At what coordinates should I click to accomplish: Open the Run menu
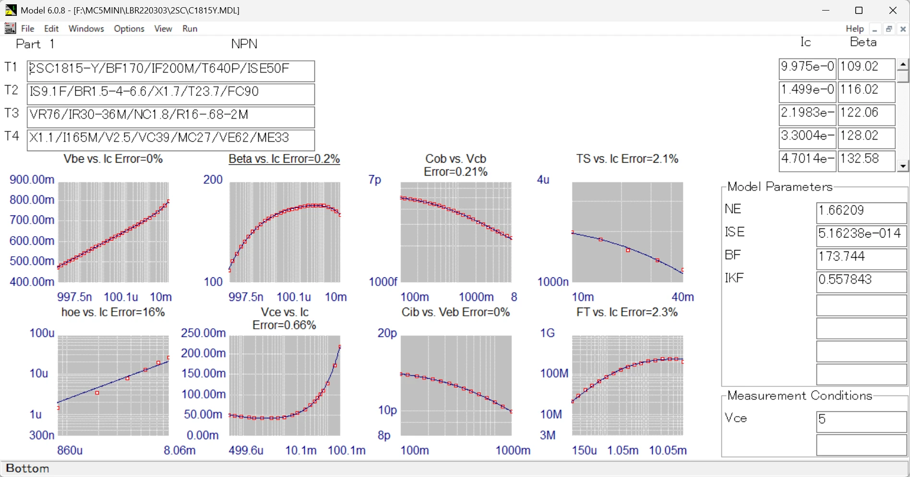(x=190, y=29)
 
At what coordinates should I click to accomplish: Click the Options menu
(x=129, y=29)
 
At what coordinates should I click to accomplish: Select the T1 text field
(x=170, y=71)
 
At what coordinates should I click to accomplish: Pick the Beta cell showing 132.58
(x=866, y=160)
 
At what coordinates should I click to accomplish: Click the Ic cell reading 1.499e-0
(x=807, y=91)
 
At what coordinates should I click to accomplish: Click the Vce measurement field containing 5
(x=861, y=421)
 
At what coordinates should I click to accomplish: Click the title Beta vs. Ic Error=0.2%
(x=284, y=159)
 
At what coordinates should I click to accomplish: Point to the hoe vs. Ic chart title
(x=113, y=312)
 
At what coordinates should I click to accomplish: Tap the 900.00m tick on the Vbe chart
(x=32, y=180)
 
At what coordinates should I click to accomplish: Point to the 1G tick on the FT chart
(x=548, y=333)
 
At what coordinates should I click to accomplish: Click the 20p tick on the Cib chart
(x=387, y=333)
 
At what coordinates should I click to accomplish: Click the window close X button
(x=893, y=11)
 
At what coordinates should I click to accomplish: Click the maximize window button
(x=859, y=11)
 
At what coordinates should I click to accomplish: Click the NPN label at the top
(x=244, y=44)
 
